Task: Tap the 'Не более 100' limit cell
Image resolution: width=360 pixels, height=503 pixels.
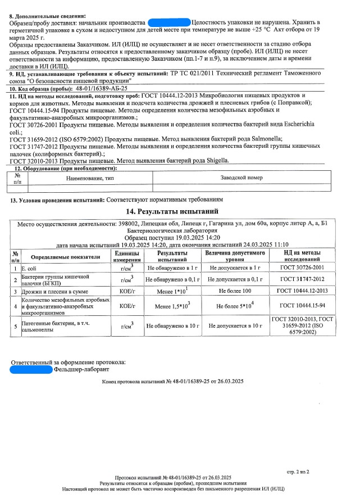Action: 235,292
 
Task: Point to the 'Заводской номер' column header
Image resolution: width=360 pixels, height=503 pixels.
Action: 242,178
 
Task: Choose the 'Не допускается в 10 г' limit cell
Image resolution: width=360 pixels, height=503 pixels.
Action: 235,325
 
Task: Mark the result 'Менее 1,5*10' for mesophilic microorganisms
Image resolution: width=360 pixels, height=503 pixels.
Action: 168,307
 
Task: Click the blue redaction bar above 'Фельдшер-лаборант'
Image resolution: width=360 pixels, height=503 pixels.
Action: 31,369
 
